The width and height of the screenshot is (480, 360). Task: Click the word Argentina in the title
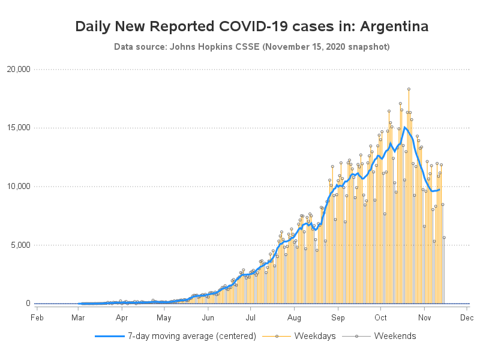[x=391, y=26]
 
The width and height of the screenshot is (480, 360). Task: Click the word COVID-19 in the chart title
[x=262, y=26]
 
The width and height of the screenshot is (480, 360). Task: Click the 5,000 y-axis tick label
[x=20, y=245]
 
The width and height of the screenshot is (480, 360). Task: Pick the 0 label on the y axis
[x=28, y=304]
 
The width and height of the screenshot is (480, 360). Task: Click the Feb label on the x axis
[x=37, y=318]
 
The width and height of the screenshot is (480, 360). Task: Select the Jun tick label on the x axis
[x=208, y=318]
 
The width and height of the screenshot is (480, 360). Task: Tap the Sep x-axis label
[x=338, y=318]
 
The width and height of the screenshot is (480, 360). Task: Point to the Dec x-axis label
[x=467, y=318]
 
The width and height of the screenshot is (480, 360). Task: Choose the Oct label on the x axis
[x=381, y=318]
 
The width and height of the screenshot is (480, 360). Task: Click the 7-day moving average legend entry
[x=176, y=336]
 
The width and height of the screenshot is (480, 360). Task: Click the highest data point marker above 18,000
[x=409, y=89]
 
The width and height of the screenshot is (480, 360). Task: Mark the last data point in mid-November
[x=444, y=238]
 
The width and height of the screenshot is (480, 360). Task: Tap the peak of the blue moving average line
[x=406, y=127]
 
